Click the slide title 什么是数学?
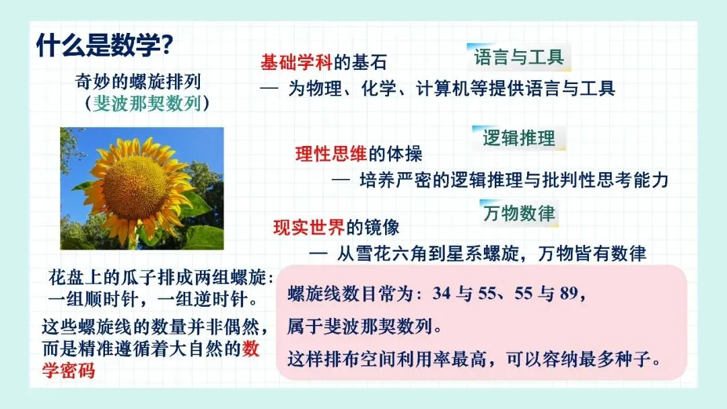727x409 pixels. (x=104, y=45)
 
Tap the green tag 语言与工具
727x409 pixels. (x=519, y=57)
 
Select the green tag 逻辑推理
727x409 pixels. (x=519, y=138)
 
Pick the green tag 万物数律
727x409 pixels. (x=519, y=213)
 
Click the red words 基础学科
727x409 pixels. (x=296, y=62)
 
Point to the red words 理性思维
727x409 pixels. (x=331, y=154)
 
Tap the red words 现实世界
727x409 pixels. (x=309, y=227)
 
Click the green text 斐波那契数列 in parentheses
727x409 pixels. (x=147, y=104)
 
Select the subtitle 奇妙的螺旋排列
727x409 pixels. (x=138, y=82)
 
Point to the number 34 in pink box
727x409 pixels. (x=441, y=294)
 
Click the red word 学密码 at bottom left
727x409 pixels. (x=69, y=371)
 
